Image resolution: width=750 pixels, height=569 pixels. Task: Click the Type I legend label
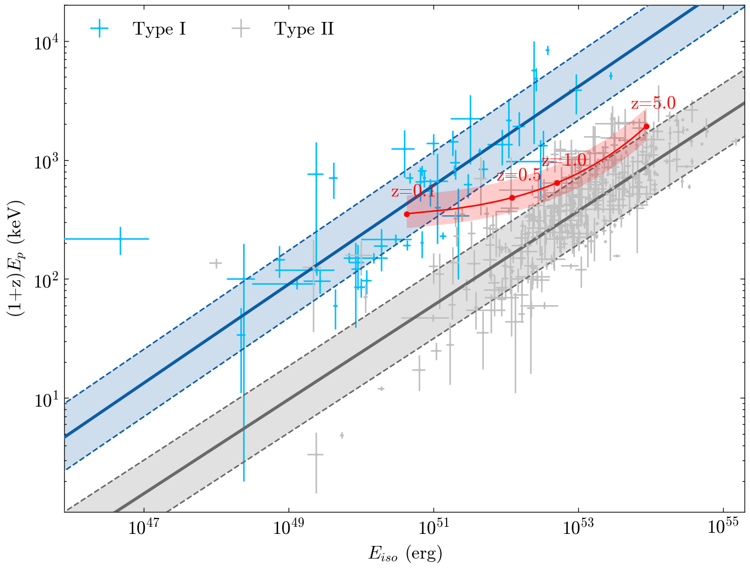(x=159, y=29)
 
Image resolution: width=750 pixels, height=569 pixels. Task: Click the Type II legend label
(x=304, y=29)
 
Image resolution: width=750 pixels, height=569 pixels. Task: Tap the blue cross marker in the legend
(x=99, y=29)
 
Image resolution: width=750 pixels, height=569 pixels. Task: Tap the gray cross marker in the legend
(x=241, y=29)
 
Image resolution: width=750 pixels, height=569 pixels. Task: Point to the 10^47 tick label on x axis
(x=144, y=527)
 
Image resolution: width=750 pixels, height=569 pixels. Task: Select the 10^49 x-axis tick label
(x=289, y=527)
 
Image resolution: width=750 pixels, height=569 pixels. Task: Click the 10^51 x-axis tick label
(x=433, y=527)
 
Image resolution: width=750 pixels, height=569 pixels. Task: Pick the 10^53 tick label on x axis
(x=578, y=527)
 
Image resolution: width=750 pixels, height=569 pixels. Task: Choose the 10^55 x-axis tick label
(x=723, y=527)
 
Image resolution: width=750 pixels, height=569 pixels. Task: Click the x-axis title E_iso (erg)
(x=405, y=554)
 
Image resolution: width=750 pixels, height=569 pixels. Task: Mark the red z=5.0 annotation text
(x=653, y=103)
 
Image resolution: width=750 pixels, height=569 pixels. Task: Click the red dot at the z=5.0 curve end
(x=646, y=126)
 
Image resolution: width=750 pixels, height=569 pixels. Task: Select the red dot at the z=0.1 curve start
(x=407, y=214)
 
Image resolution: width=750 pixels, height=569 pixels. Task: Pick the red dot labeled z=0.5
(x=512, y=198)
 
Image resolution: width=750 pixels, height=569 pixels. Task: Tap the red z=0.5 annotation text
(x=519, y=175)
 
